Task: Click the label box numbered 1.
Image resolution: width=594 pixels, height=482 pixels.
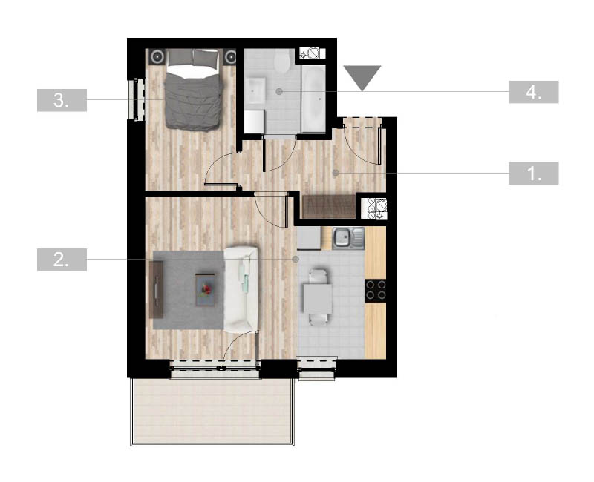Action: (x=533, y=174)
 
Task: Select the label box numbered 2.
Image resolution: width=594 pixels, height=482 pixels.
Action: (x=62, y=260)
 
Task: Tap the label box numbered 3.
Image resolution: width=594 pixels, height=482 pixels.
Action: (x=62, y=100)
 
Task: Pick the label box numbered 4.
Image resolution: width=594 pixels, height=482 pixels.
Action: (x=533, y=92)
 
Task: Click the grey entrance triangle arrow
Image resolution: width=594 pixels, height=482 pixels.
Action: (x=362, y=76)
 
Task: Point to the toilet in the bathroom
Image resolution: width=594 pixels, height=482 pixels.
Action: (x=282, y=62)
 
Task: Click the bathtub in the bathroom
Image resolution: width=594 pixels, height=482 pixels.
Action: (x=313, y=99)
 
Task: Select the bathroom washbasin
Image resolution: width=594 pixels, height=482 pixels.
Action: (x=255, y=91)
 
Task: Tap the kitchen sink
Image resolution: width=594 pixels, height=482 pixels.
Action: (x=348, y=238)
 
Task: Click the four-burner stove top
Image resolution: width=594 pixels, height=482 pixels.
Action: (x=376, y=290)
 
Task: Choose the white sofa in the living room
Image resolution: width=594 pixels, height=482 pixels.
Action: (x=241, y=290)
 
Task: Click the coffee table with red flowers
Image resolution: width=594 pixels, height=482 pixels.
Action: (x=205, y=290)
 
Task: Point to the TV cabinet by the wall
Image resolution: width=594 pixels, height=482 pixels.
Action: (x=157, y=290)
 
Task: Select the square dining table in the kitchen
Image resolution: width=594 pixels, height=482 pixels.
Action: (x=318, y=299)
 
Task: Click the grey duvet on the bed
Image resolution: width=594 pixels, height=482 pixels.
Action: (x=193, y=102)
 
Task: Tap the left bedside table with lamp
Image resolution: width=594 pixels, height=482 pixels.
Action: (x=157, y=57)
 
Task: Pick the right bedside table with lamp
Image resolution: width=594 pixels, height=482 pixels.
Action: (x=230, y=57)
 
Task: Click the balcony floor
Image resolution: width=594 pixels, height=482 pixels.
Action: (x=212, y=412)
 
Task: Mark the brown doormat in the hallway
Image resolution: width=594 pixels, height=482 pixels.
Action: (x=329, y=207)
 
